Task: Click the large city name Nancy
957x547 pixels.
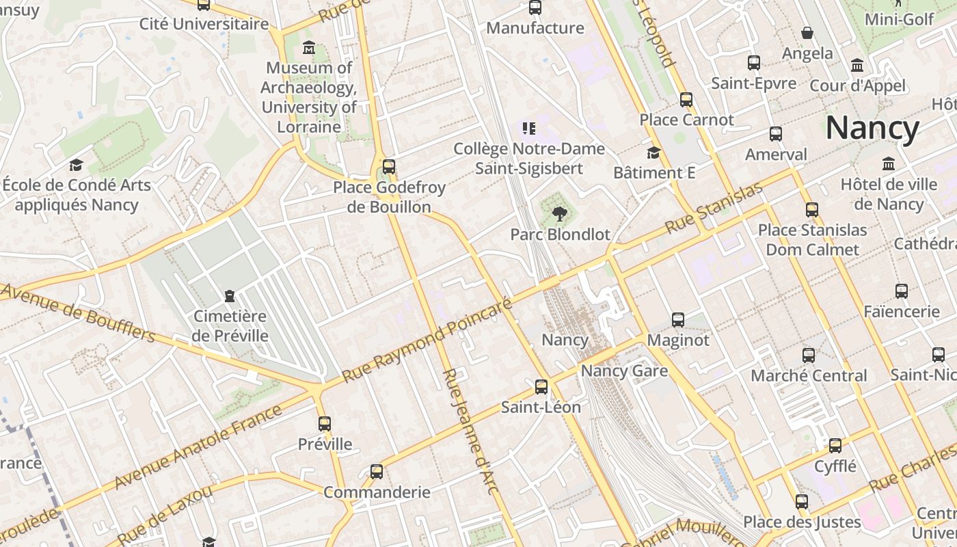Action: point(872,128)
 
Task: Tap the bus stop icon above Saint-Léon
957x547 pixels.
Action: point(541,387)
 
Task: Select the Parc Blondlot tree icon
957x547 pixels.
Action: point(560,214)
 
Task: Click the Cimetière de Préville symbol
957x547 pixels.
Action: point(230,296)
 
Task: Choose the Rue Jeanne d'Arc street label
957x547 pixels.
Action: point(470,431)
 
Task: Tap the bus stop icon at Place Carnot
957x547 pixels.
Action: point(686,100)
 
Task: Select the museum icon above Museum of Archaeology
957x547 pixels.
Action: point(309,48)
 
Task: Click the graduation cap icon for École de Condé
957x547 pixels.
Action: point(76,165)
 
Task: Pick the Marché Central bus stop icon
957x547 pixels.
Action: point(809,356)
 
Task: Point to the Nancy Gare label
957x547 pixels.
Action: point(624,371)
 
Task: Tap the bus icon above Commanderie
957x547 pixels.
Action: point(377,472)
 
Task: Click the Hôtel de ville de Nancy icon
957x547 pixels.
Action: point(889,164)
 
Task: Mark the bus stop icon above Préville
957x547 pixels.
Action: point(325,424)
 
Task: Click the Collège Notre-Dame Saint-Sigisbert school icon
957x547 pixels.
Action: point(528,128)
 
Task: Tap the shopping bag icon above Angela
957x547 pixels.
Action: point(807,33)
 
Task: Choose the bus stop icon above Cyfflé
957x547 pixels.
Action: point(835,446)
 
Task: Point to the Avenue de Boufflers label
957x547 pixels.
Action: point(79,312)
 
